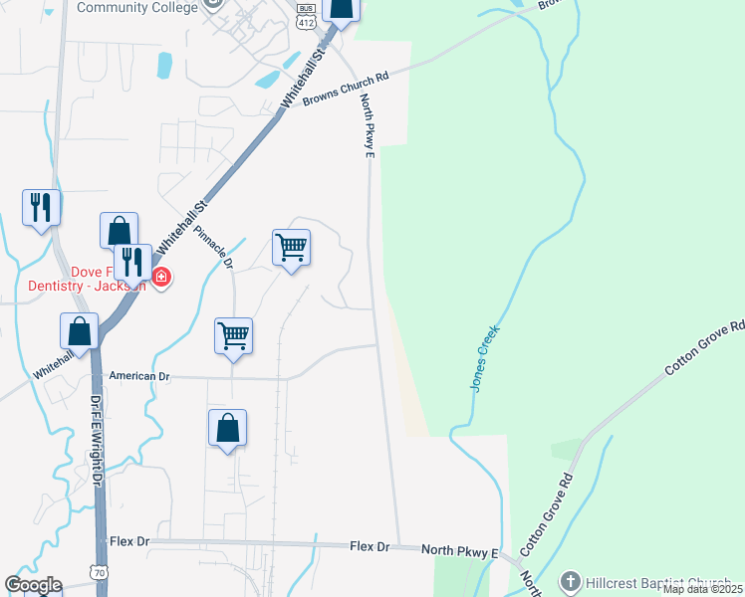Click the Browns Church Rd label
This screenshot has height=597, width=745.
345,90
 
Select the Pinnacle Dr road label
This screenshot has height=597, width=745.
212,247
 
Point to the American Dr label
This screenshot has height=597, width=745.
140,377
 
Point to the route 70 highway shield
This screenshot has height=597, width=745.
98,572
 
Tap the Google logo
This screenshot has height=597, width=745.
33,585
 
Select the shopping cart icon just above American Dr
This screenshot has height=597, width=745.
233,335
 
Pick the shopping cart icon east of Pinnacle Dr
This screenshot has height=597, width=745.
291,246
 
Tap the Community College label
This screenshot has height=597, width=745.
138,7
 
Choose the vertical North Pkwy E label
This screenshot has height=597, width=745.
367,124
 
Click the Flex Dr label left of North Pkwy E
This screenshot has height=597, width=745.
374,547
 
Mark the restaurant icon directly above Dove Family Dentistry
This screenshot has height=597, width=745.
131,262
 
